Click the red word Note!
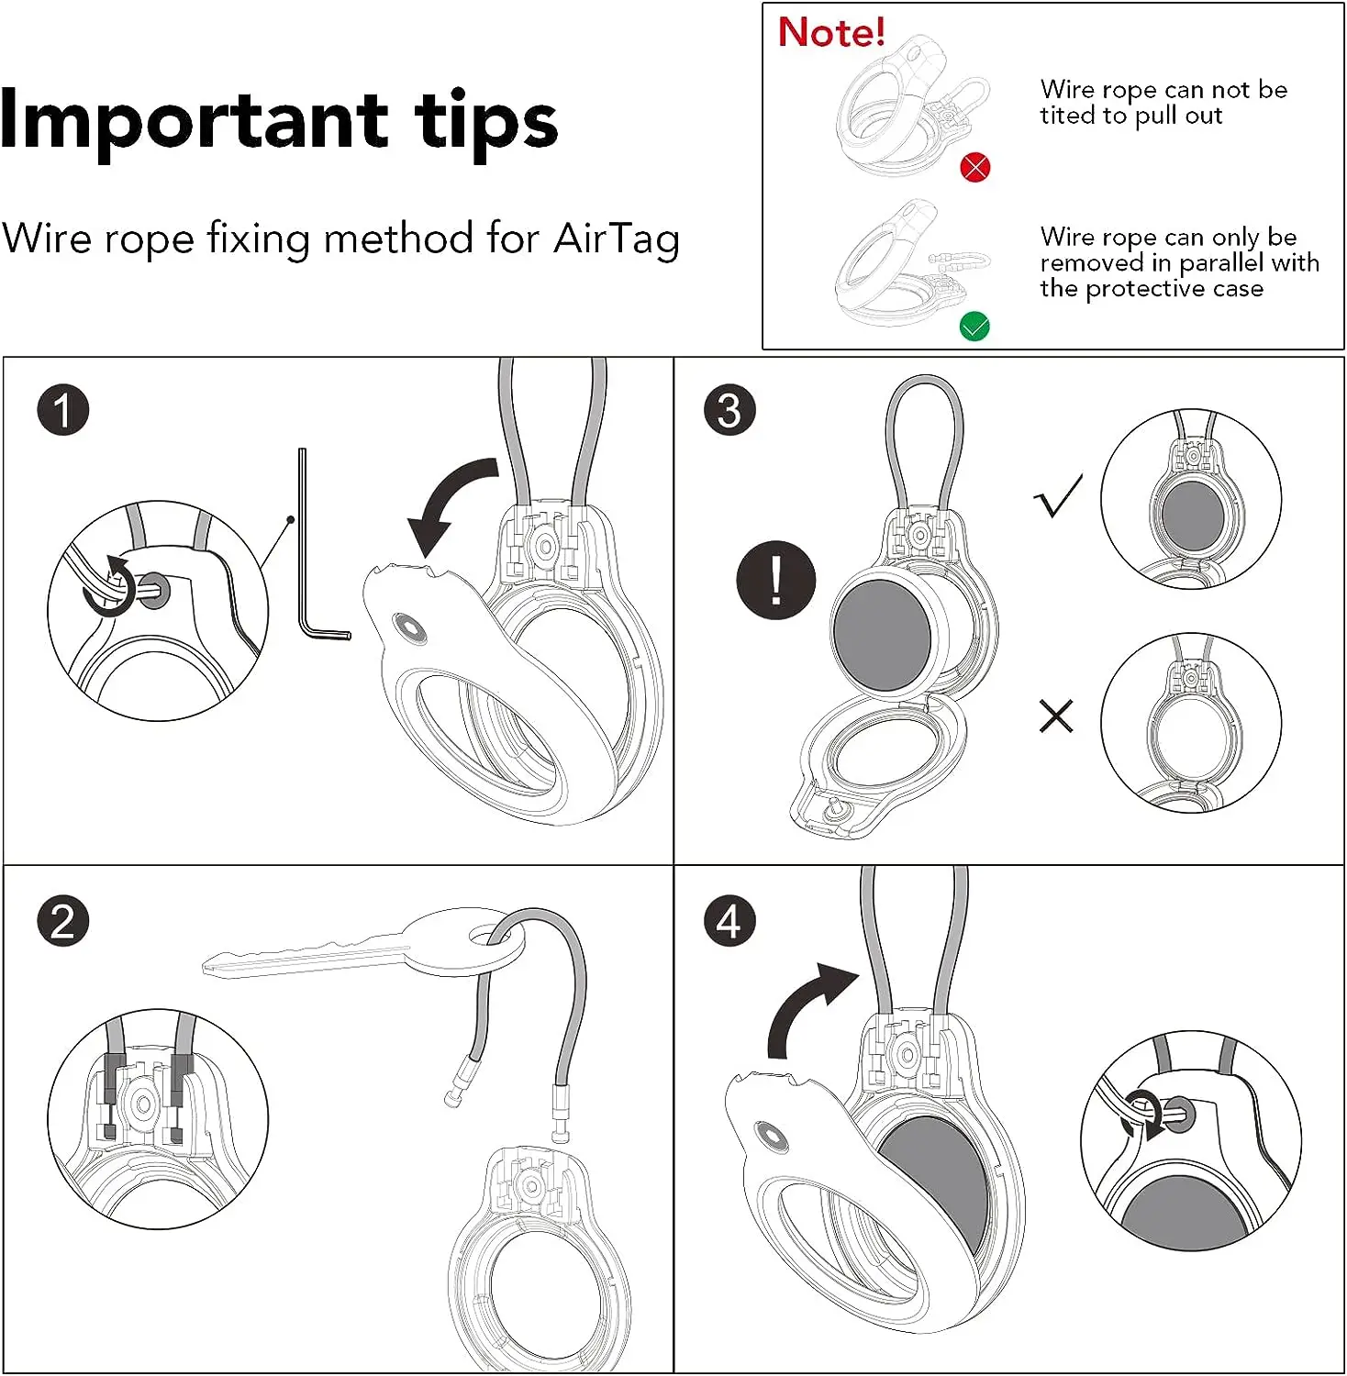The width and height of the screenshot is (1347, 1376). (831, 32)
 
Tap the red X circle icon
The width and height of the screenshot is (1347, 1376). (974, 168)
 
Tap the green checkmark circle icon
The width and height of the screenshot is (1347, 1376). (974, 327)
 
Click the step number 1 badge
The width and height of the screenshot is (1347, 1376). (63, 410)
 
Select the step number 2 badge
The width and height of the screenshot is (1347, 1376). (63, 921)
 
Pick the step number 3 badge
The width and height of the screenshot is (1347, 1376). (729, 410)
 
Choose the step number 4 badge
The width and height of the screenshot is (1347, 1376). (729, 921)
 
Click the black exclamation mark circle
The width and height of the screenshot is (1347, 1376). (776, 581)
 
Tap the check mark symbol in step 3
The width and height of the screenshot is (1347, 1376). (1058, 496)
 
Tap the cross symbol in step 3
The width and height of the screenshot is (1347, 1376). (1056, 716)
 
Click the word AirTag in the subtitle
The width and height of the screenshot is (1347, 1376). (617, 239)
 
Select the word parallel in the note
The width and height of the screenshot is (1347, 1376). (1220, 263)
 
